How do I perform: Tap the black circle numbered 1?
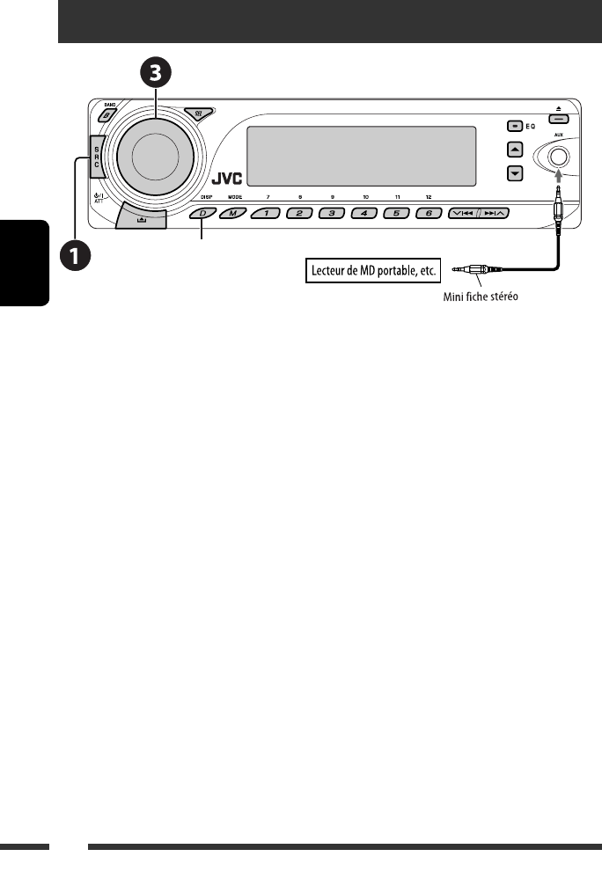click(x=75, y=256)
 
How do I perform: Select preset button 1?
click(x=266, y=214)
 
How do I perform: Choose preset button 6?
click(x=429, y=214)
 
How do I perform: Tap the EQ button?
click(x=515, y=126)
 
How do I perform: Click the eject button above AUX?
click(x=558, y=118)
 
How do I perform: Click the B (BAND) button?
click(x=106, y=114)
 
